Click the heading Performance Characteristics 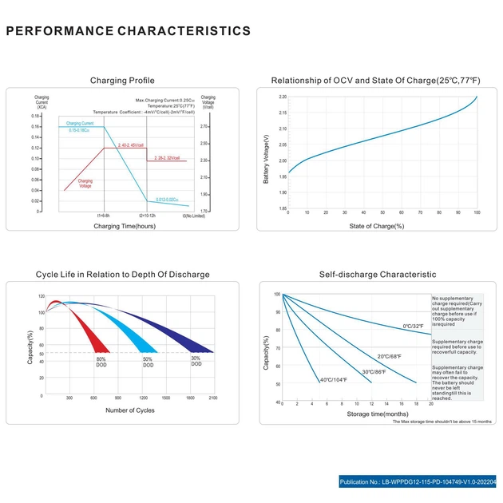point(129,31)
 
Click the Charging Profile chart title point(122,81)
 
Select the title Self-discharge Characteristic point(378,274)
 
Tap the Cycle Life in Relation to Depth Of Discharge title point(122,274)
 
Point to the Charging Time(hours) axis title point(125,226)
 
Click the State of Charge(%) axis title point(377,226)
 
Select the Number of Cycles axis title point(130,410)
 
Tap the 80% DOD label point(101,362)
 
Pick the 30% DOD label point(196,361)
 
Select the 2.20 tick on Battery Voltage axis point(283,97)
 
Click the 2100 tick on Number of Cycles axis point(212,397)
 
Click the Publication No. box point(418,482)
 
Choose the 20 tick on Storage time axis point(431,405)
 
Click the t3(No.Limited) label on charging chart point(194,216)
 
